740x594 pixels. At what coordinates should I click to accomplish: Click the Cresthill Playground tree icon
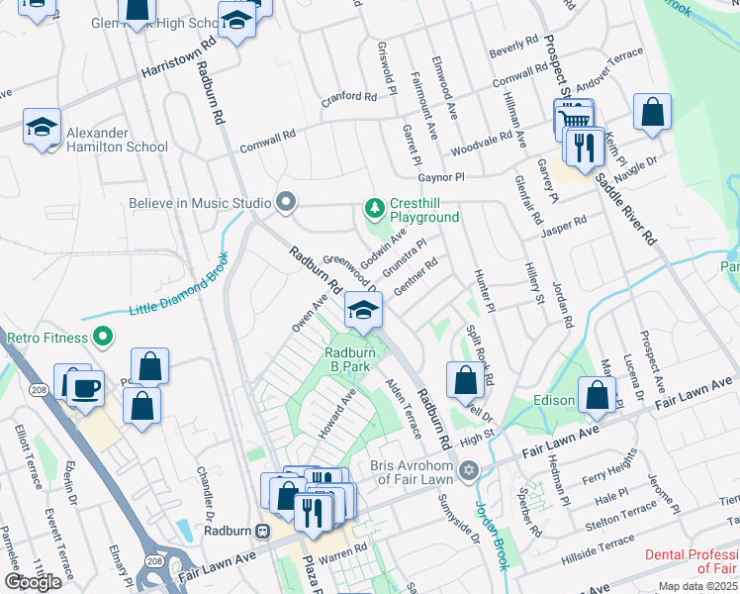click(x=374, y=207)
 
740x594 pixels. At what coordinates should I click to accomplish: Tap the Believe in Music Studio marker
click(x=287, y=203)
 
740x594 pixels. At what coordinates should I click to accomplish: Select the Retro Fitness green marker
click(x=101, y=338)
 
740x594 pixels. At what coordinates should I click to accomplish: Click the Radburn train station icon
click(x=264, y=530)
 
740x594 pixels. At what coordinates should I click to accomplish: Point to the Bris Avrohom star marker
click(x=469, y=469)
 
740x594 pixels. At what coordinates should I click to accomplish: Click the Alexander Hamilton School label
click(x=120, y=140)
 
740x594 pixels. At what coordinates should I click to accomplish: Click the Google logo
click(x=33, y=582)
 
